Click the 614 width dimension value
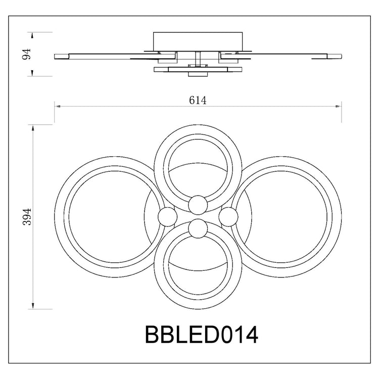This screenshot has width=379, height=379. [198, 100]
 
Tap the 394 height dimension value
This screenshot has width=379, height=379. [27, 217]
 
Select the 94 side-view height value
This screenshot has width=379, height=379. [26, 54]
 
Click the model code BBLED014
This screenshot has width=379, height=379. [201, 335]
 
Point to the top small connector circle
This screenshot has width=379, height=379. [198, 205]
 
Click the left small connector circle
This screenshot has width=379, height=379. [167, 217]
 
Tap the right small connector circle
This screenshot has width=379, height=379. [228, 217]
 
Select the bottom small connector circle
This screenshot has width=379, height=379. [198, 228]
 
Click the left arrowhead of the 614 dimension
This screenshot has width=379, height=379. [58, 106]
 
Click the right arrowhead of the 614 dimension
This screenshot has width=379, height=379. [338, 106]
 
